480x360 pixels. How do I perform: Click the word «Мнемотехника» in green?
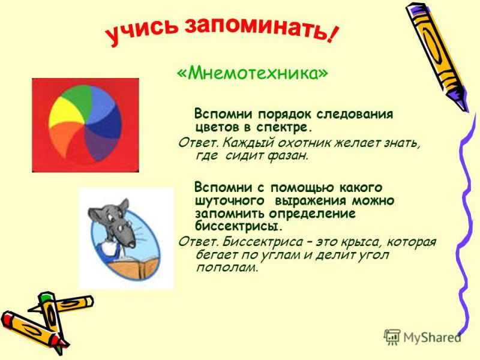point(252,73)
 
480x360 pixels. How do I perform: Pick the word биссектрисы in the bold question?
point(238,227)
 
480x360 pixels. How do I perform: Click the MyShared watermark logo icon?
point(392,338)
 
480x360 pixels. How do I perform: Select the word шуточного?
point(230,201)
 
